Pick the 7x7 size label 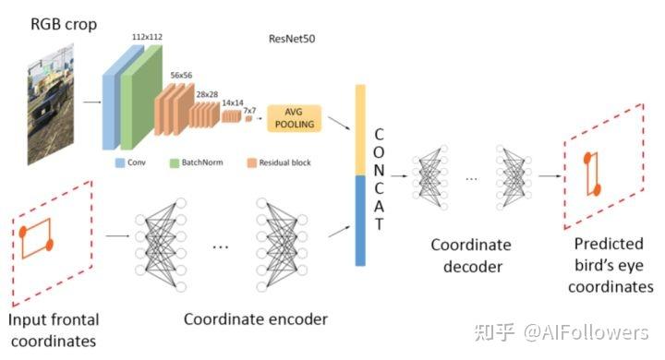249,110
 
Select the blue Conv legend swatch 119,162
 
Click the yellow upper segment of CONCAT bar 361,128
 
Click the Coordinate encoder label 255,319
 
